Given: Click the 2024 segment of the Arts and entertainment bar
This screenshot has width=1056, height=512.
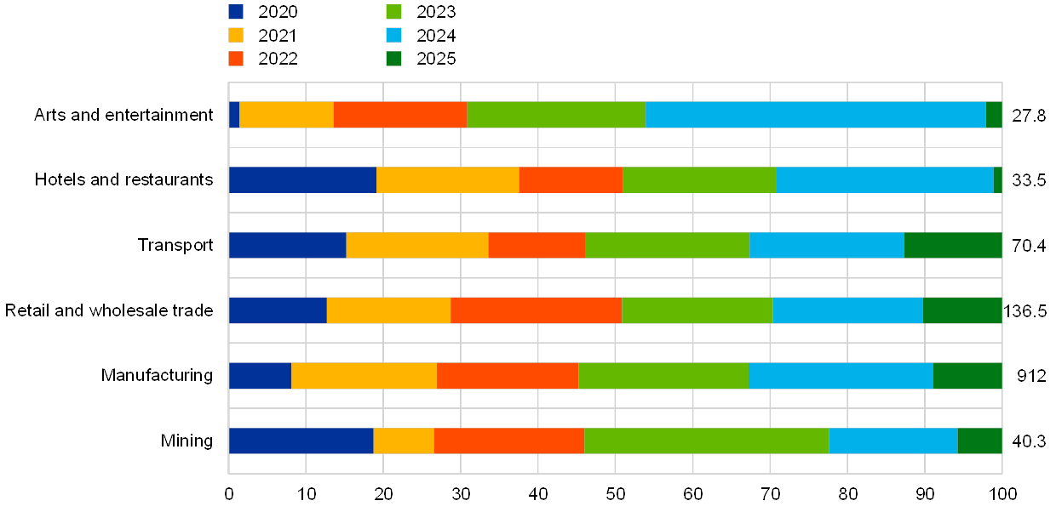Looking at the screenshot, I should pos(815,114).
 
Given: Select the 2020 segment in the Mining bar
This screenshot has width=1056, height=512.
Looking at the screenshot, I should pos(301,441).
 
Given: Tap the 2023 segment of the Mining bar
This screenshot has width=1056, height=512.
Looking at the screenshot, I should pos(706,441).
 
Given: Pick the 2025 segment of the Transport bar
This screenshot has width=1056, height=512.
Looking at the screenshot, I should pos(953,245).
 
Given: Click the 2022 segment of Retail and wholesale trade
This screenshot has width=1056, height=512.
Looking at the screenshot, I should pos(536,310).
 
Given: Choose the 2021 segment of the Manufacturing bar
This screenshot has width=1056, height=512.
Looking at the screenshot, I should pos(364,375).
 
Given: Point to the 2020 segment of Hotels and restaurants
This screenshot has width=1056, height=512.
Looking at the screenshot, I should pos(302,179).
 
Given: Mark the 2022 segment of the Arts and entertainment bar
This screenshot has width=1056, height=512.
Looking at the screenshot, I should pos(399,114).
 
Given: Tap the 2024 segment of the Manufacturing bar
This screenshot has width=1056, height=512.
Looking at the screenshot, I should pos(841,375).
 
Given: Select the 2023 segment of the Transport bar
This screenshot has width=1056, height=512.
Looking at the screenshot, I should pos(667,245).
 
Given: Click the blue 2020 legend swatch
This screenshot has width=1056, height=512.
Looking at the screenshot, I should pos(236,12).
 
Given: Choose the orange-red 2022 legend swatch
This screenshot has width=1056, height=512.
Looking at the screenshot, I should pos(236,59).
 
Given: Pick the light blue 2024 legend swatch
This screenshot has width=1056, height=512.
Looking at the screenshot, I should pos(393,36).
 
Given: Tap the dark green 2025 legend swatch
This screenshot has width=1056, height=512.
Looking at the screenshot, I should pos(393,59).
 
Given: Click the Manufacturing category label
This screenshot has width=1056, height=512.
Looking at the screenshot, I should pos(157,375).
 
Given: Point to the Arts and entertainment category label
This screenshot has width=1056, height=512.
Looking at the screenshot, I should pos(123,115).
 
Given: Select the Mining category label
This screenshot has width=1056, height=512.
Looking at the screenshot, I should pos(187,441).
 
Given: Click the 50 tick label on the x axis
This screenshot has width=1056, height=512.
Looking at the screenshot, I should pos(616,494).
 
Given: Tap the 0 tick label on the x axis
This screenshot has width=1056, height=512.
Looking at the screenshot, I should pos(229,494).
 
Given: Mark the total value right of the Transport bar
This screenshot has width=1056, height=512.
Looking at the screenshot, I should pos(1029,246).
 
